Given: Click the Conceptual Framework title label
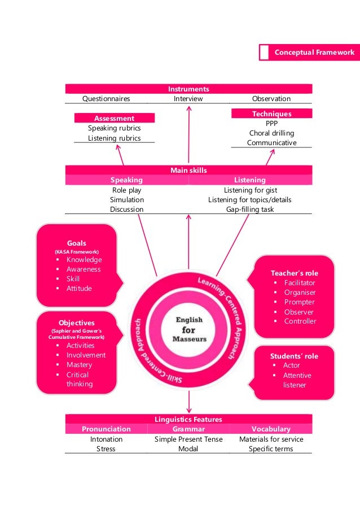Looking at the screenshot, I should point(314,53).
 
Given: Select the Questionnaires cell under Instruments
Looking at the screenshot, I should point(106,98).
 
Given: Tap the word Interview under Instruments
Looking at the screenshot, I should point(188,98).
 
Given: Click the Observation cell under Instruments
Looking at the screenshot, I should point(271,98).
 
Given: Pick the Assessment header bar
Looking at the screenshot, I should point(115,118).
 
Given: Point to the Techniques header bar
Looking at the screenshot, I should point(271,114).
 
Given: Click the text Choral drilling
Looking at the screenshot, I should point(271,133).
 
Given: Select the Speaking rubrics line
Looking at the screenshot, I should point(115,128).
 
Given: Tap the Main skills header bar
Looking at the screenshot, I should point(188,170).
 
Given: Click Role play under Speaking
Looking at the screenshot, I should point(126,190).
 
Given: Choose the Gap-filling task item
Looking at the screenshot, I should point(249,209).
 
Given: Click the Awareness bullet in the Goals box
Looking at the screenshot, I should point(84,269).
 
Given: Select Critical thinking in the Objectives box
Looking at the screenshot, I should point(78,379).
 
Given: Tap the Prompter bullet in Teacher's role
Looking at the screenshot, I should point(300,302).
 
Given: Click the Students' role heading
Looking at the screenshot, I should point(294,356).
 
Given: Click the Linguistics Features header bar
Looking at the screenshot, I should point(188,419).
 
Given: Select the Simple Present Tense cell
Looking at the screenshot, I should point(188,439).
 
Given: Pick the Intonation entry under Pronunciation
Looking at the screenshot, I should point(106,439).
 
